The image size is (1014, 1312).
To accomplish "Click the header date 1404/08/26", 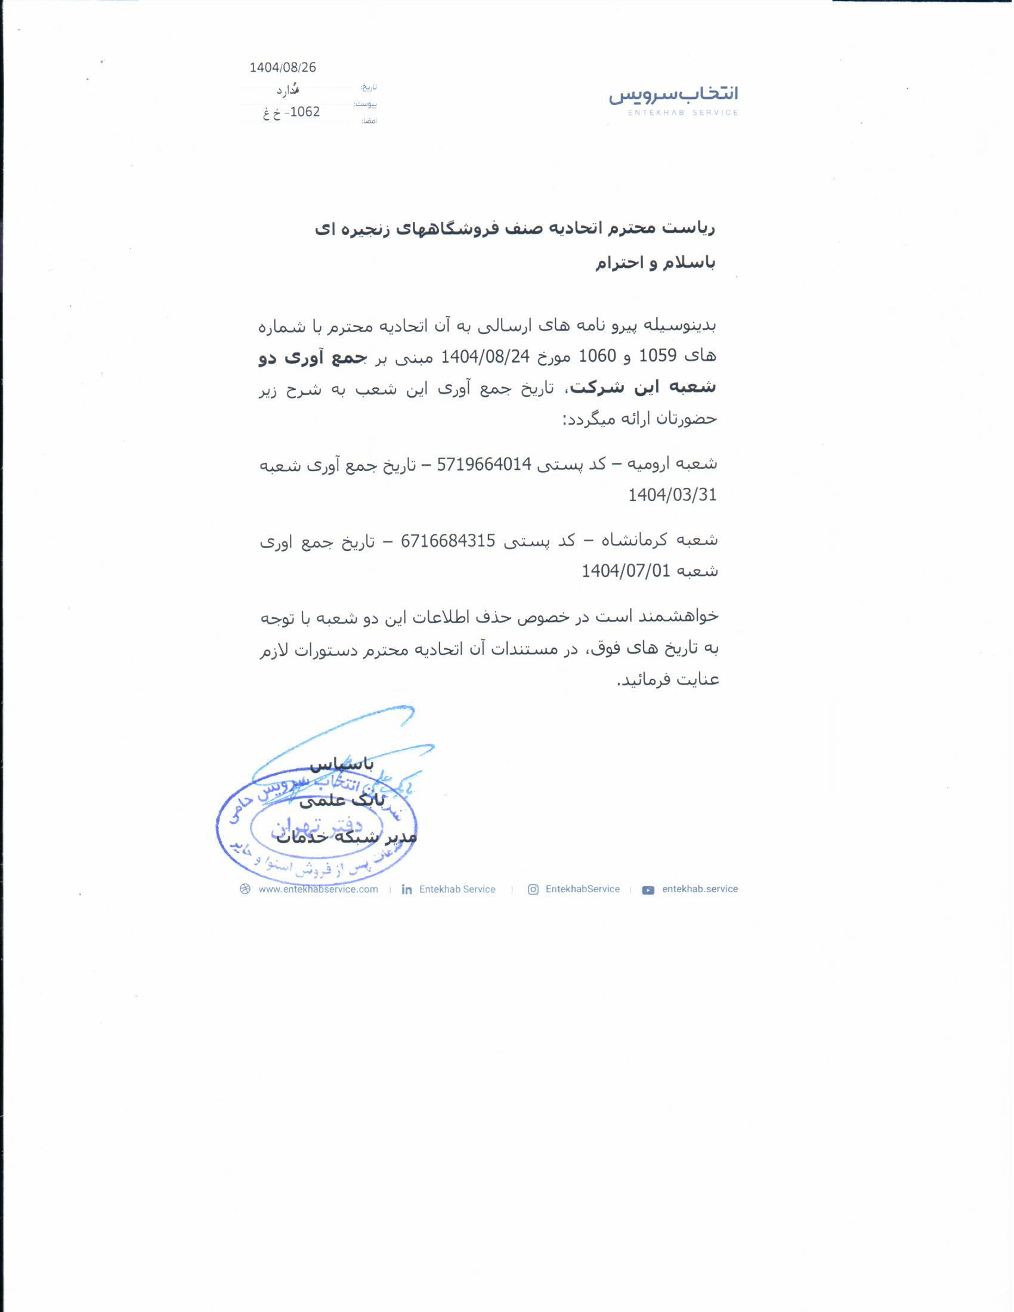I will pos(282,67).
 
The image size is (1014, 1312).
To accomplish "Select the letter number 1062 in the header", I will pos(305,112).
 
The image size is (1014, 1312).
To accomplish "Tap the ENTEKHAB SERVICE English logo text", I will pos(682,112).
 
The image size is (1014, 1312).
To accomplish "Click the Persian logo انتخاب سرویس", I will pos(673,94).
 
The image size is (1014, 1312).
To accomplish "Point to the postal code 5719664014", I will pos(484,465).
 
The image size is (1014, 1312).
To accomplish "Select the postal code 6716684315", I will pos(447,541).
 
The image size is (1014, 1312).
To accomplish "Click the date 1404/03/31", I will pos(672,495).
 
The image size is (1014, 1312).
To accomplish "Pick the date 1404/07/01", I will pos(625,571).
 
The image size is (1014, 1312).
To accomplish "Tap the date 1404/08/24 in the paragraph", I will pos(485,357).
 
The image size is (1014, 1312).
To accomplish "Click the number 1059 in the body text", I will pos(657,356).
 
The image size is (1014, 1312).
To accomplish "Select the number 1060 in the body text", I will pos(597,356).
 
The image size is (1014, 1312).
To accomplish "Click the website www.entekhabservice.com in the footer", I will pos(318,889).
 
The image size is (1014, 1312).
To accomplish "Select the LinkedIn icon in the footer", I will pos(407,890).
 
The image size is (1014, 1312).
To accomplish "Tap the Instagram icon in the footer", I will pos(533,890).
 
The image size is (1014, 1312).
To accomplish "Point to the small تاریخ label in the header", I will pos(368,88).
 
